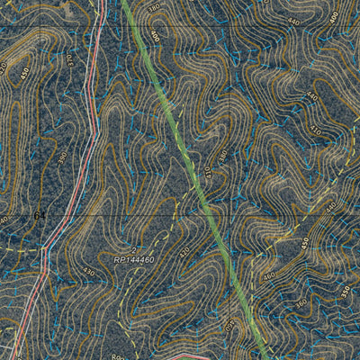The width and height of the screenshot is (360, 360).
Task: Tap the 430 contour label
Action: (88, 272)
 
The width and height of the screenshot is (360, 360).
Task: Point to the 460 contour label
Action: (269, 276)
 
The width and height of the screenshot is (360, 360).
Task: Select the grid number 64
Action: (39, 216)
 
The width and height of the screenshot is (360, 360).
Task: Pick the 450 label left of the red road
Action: (25, 72)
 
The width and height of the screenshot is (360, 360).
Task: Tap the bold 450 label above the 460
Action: (305, 242)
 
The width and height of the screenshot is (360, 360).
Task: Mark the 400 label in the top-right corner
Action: (334, 16)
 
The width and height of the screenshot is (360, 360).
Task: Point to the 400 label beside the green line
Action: (154, 37)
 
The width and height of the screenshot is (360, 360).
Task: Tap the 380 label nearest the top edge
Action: (154, 7)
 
